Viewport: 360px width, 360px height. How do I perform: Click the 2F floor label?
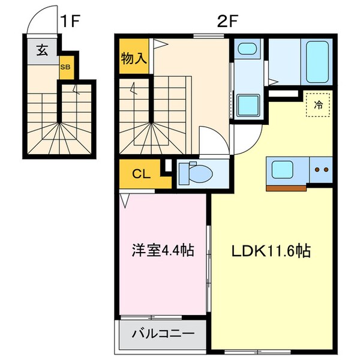click(227, 22)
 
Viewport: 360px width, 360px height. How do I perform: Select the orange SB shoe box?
click(65, 67)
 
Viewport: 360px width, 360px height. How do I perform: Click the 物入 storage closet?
click(133, 59)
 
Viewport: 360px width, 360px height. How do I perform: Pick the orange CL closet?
click(140, 175)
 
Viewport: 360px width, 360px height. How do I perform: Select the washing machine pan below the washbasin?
click(247, 104)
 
